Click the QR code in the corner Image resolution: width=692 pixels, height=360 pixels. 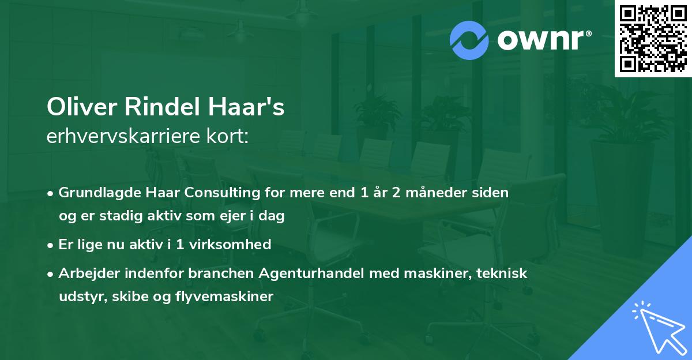(653, 38)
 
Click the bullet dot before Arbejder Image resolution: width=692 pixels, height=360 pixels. (51, 273)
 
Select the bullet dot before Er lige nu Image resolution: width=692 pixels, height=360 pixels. (51, 245)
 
